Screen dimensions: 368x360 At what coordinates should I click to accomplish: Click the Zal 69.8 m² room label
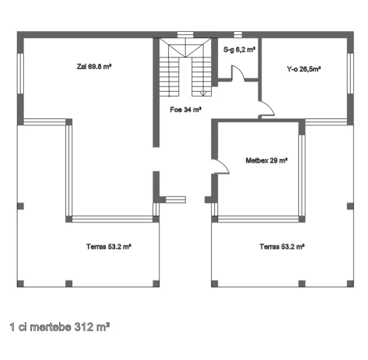[94, 67]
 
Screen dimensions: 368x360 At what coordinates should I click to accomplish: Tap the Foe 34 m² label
[186, 110]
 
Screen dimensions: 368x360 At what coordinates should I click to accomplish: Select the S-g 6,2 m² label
[239, 50]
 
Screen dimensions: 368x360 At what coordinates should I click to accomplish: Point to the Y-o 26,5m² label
[304, 69]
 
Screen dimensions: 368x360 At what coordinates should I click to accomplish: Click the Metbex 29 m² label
[267, 161]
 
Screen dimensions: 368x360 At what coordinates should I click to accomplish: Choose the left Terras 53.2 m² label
[109, 247]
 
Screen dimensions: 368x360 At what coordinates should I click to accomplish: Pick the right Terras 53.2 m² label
[282, 247]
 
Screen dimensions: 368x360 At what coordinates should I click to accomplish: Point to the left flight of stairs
[169, 77]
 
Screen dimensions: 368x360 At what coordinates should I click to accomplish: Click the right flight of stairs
[202, 77]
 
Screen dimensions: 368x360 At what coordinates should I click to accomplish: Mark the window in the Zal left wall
[21, 73]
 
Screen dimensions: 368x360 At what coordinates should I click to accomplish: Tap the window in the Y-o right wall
[350, 73]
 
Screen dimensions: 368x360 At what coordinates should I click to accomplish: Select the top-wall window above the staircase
[185, 34]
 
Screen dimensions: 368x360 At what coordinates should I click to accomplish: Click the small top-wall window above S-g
[238, 34]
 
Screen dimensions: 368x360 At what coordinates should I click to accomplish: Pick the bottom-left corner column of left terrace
[21, 283]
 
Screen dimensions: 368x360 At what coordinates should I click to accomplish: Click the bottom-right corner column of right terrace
[350, 283]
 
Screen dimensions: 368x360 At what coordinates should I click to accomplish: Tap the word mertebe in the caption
[50, 327]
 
